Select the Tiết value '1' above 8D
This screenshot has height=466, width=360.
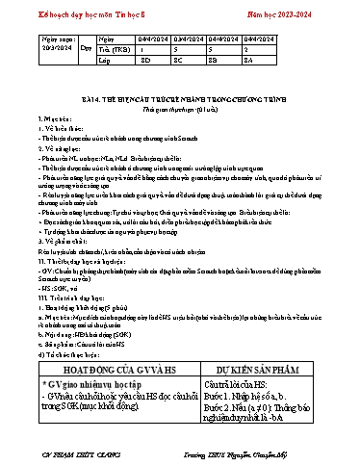click(x=158, y=44)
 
